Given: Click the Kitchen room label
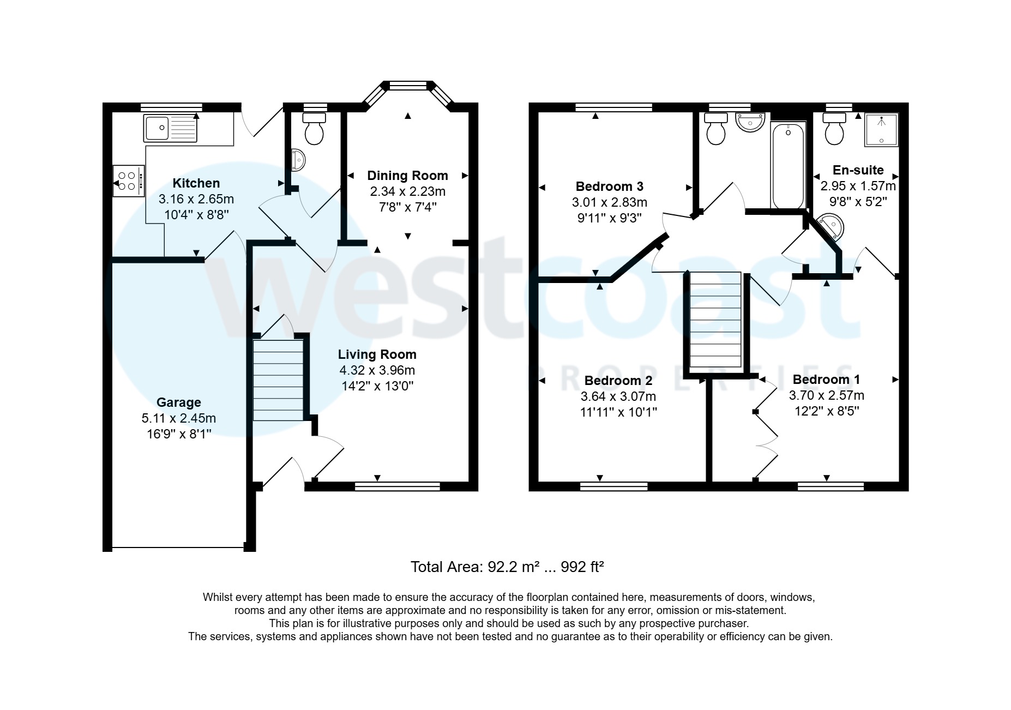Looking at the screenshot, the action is (x=196, y=183).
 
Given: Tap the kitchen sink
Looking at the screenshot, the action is (x=171, y=128).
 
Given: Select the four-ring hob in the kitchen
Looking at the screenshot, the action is (x=129, y=181).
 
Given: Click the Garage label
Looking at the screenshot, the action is (x=179, y=402).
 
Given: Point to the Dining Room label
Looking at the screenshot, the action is (x=407, y=176).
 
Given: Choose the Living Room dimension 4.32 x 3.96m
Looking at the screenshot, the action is (x=377, y=370).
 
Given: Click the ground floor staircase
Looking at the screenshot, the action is (x=278, y=380).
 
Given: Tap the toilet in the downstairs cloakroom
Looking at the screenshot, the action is (x=314, y=128).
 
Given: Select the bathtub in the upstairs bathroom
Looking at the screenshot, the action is (x=788, y=166).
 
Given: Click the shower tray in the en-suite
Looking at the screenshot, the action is (x=881, y=130).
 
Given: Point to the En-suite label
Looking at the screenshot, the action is (x=858, y=170).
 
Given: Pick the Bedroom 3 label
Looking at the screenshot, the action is (x=610, y=186).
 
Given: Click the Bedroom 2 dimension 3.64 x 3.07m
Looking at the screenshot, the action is (x=618, y=396).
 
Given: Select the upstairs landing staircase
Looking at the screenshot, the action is (x=715, y=320).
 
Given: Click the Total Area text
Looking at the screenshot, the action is (x=507, y=567).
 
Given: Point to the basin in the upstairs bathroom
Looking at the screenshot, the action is (x=751, y=122).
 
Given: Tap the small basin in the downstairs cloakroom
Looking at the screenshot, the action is (x=298, y=159).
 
